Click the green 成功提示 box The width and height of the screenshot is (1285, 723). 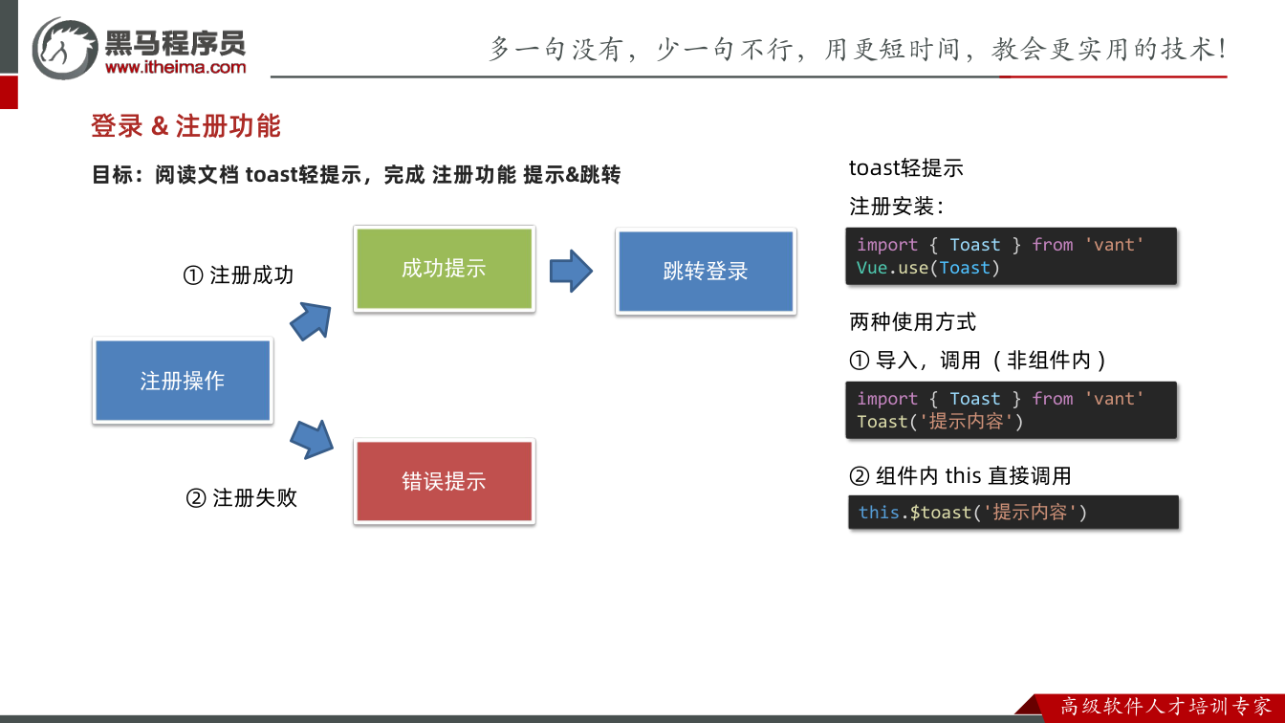click(444, 269)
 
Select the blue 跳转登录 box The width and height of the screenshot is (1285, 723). click(706, 271)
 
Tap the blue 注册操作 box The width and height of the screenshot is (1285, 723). click(183, 381)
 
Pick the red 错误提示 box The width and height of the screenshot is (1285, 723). click(444, 481)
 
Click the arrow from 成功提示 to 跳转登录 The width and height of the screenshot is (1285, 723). click(571, 271)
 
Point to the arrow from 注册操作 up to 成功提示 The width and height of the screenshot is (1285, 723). click(312, 321)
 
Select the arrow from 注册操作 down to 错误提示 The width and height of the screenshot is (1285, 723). click(312, 440)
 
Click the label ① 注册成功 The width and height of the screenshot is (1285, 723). click(238, 274)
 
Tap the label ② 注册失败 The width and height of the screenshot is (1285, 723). click(242, 497)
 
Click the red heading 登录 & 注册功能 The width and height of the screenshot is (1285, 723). click(185, 125)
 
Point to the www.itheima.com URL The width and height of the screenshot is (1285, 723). click(176, 67)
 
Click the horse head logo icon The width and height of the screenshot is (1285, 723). click(64, 48)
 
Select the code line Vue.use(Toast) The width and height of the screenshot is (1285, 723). click(928, 268)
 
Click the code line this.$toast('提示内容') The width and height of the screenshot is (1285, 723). click(972, 512)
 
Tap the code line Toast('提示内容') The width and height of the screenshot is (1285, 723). click(940, 422)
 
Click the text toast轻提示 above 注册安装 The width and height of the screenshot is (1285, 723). click(905, 168)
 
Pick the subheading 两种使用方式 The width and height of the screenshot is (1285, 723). click(912, 322)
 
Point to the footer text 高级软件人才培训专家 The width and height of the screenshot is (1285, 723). click(1165, 707)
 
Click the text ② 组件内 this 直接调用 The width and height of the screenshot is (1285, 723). click(960, 475)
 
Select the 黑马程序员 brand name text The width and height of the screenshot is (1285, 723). click(176, 43)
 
